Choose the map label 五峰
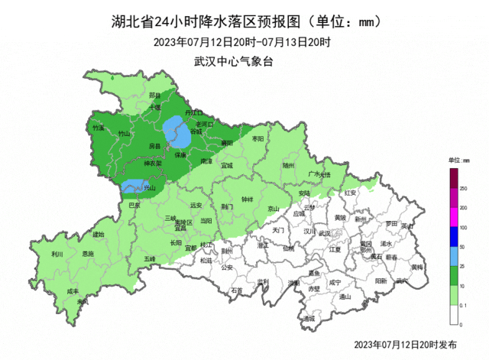[149, 259]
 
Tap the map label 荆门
[227, 206]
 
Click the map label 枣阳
[257, 139]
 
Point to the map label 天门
[278, 229]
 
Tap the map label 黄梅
[417, 267]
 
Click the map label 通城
[308, 318]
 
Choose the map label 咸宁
[334, 282]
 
